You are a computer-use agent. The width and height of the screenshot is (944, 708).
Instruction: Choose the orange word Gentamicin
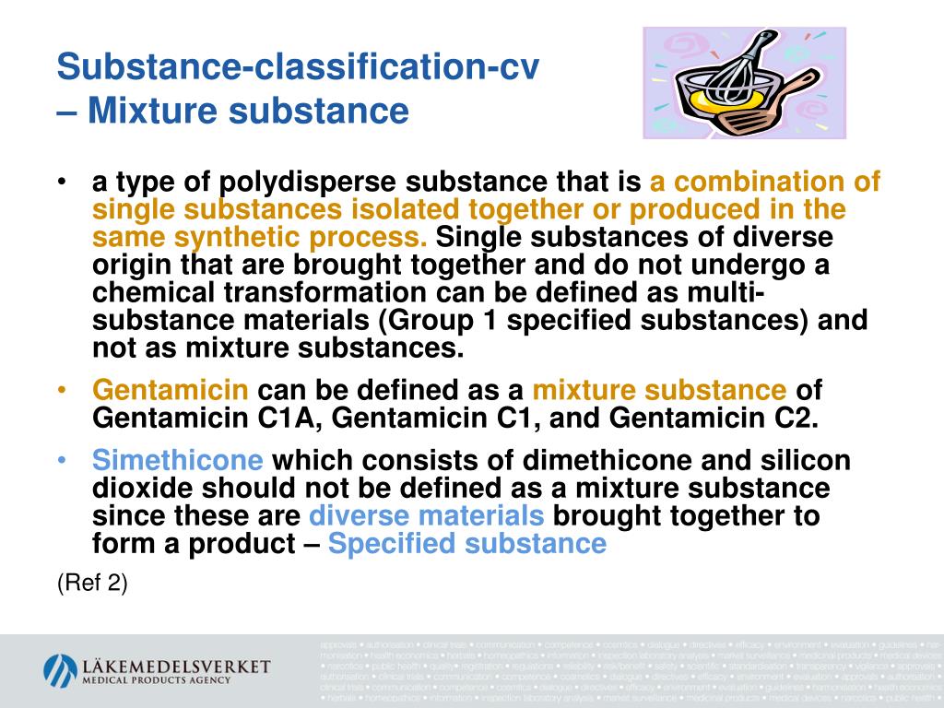pyautogui.click(x=171, y=389)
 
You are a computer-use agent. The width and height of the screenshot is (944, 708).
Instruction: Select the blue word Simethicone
pyautogui.click(x=177, y=461)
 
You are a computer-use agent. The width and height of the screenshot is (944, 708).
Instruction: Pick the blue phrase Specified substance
pyautogui.click(x=466, y=544)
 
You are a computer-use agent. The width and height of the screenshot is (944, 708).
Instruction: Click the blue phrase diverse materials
pyautogui.click(x=427, y=516)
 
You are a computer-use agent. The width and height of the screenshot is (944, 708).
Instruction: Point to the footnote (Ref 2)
pyautogui.click(x=92, y=584)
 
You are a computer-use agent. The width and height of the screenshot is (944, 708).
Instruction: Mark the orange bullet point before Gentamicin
pyautogui.click(x=61, y=390)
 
